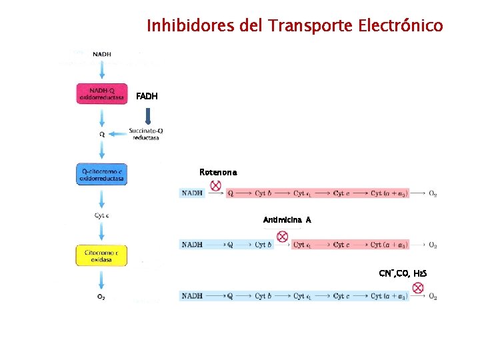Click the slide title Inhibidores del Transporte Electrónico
(x=294, y=26)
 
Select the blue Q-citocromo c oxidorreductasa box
(x=102, y=175)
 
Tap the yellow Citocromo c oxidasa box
(x=102, y=256)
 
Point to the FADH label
(x=147, y=96)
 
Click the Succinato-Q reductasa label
(x=147, y=134)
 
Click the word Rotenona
(x=217, y=172)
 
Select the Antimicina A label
(x=287, y=219)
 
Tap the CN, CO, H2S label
(x=403, y=273)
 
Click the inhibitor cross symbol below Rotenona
(x=215, y=186)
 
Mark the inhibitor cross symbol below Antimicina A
(x=282, y=237)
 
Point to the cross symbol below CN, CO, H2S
(x=418, y=288)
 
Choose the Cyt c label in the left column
(x=102, y=215)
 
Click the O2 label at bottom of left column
(x=102, y=297)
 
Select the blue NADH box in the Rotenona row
(x=193, y=193)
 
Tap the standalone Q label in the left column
(x=102, y=134)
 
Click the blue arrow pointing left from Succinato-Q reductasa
(x=119, y=134)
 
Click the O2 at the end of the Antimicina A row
(x=433, y=245)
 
